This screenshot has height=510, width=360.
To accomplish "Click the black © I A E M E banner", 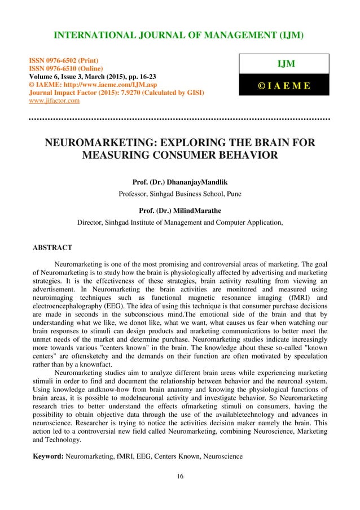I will point(284,86).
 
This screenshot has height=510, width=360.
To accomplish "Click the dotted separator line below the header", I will point(179,120).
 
